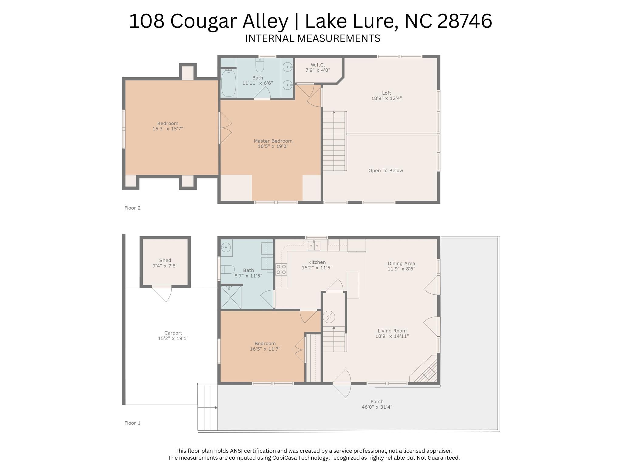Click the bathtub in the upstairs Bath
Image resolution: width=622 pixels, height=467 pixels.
pos(229,83)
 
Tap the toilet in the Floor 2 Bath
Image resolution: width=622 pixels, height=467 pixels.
pos(260,65)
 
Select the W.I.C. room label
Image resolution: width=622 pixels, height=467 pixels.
pos(318,65)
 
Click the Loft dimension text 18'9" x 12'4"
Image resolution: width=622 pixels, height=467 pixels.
pos(386,98)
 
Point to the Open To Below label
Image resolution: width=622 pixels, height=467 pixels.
pos(386,171)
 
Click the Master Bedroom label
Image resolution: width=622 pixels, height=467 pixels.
pos(273,141)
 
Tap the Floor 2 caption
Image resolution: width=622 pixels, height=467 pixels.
pos(132,208)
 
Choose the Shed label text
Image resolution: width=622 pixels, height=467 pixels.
pos(165,260)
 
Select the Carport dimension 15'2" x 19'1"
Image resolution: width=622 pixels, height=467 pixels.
pos(173,338)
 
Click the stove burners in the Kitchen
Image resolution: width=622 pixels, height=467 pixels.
pos(281,269)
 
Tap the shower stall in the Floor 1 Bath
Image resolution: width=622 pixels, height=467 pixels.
pos(231,297)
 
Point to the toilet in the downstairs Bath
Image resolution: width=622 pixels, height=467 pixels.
pos(227,270)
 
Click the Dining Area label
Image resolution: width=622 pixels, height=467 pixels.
pos(401,264)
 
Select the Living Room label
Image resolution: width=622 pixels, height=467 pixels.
pos(392,331)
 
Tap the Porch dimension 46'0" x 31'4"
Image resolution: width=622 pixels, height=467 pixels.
pos(377,407)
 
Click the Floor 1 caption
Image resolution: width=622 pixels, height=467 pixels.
pos(132,423)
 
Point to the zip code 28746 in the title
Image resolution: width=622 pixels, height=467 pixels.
pos(464,21)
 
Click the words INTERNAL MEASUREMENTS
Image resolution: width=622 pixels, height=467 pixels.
pos(313,38)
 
